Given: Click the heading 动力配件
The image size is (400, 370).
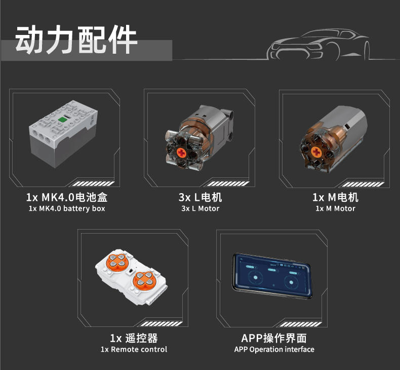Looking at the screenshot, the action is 76,40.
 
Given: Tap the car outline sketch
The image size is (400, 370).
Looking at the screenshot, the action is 318,45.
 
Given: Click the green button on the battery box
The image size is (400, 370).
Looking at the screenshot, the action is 62,119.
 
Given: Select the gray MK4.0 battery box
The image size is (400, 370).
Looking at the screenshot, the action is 63,134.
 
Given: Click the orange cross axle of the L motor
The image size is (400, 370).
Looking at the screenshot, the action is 182,153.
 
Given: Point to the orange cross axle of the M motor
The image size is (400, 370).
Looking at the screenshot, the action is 316,153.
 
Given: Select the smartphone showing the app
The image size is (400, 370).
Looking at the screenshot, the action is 272,276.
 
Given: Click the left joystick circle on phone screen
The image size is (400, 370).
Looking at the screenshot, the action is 255,278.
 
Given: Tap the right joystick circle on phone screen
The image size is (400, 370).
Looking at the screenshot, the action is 291,282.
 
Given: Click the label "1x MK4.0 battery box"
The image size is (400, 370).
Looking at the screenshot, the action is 67,209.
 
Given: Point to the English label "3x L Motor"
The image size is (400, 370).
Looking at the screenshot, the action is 201,209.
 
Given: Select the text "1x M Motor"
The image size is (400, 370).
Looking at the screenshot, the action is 336,209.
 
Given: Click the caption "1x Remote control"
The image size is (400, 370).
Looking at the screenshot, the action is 134,349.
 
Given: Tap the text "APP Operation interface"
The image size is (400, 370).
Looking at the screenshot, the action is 274,349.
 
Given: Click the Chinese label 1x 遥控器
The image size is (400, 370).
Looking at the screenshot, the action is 134,339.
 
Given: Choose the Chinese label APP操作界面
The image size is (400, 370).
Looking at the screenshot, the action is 274,339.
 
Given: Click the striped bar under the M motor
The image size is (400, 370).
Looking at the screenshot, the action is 363,184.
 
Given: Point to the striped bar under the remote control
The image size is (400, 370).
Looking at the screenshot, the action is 162,324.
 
